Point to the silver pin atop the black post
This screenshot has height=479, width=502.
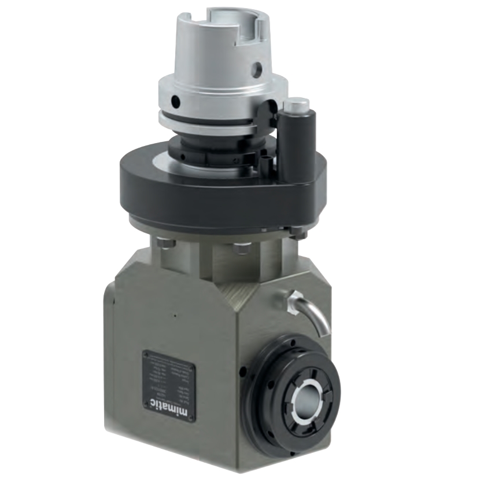296,106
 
